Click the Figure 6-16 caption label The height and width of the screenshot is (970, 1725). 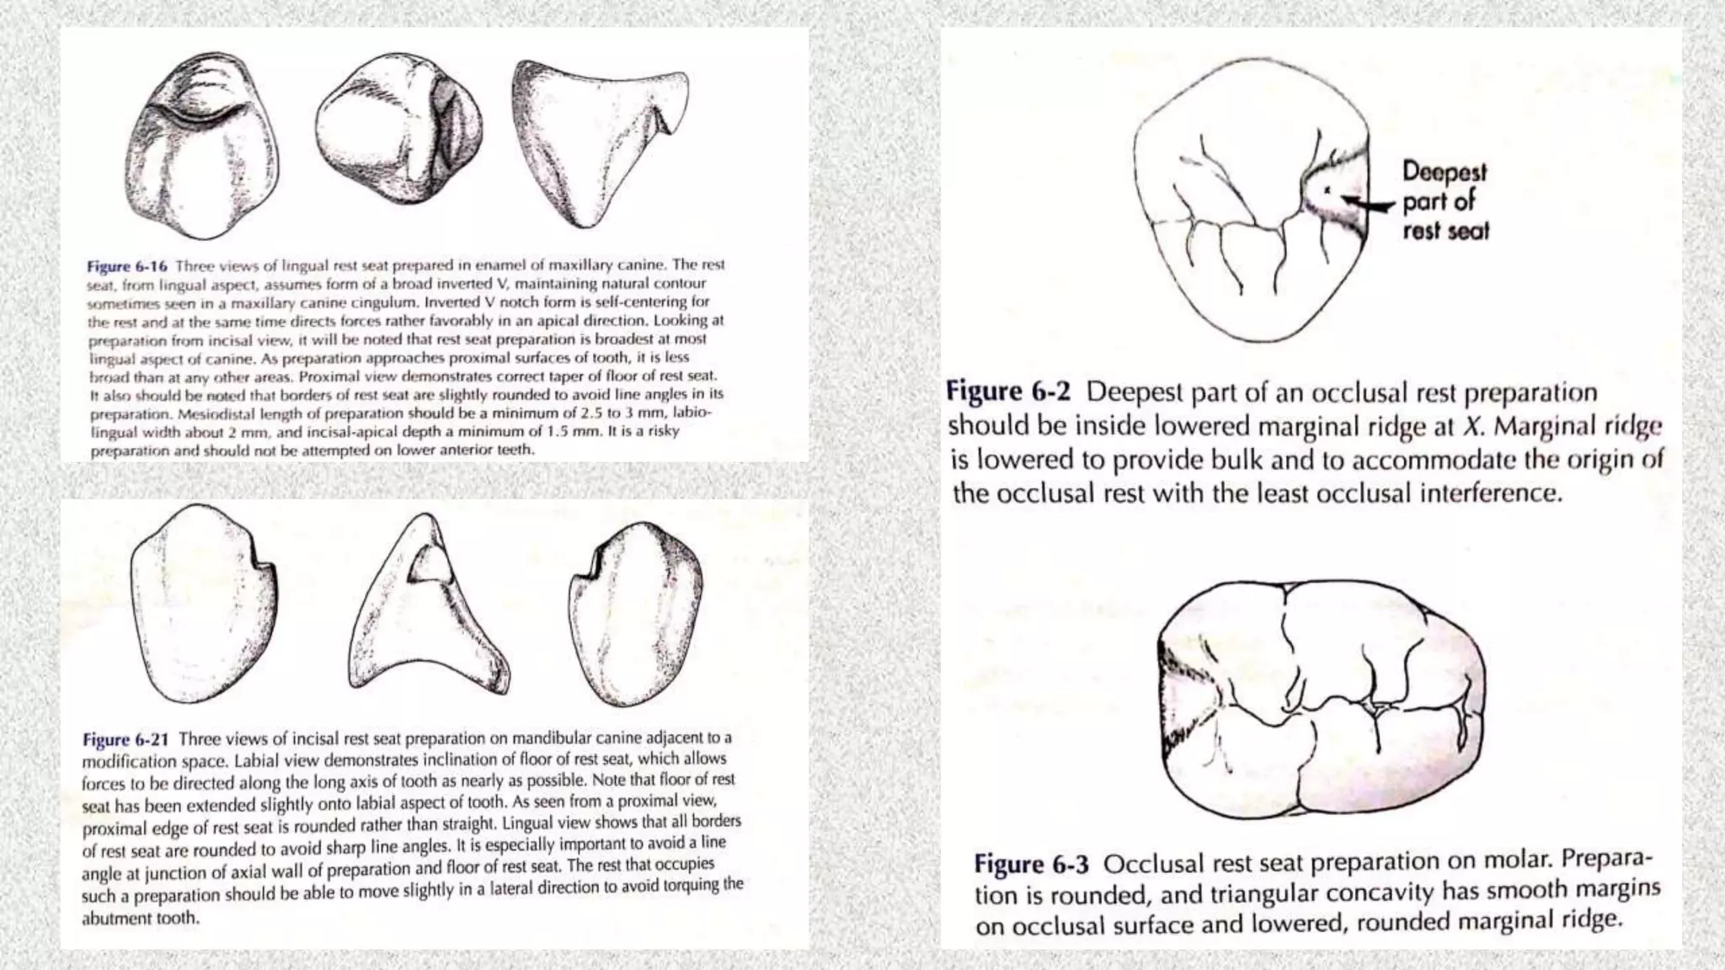pos(126,266)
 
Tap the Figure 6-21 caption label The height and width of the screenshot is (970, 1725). pos(125,740)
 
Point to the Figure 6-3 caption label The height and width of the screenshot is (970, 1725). pos(1031,865)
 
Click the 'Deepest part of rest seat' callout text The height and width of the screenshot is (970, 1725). pos(1445,201)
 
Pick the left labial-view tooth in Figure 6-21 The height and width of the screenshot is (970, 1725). pos(202,602)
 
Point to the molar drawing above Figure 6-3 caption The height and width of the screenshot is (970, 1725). pos(1319,699)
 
